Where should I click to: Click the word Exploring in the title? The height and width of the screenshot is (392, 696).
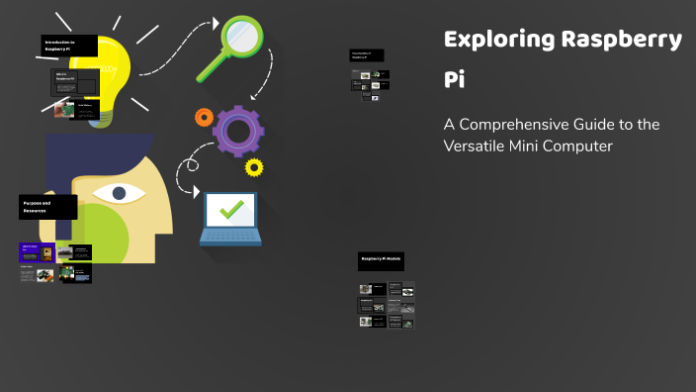click(x=498, y=41)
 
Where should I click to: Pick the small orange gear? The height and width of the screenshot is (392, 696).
click(x=204, y=117)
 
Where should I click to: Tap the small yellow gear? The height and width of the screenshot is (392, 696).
click(x=254, y=166)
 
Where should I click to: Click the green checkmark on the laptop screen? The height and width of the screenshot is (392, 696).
click(x=232, y=209)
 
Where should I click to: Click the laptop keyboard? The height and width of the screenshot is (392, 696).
click(x=230, y=237)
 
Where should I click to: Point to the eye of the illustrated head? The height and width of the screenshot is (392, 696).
click(x=119, y=192)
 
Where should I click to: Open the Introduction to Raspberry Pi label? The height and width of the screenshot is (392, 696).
click(x=69, y=46)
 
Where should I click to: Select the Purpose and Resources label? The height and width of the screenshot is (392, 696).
click(x=47, y=207)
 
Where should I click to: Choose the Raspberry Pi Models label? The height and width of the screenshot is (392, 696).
click(x=381, y=260)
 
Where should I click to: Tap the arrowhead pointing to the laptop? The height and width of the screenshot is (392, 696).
click(x=197, y=191)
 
